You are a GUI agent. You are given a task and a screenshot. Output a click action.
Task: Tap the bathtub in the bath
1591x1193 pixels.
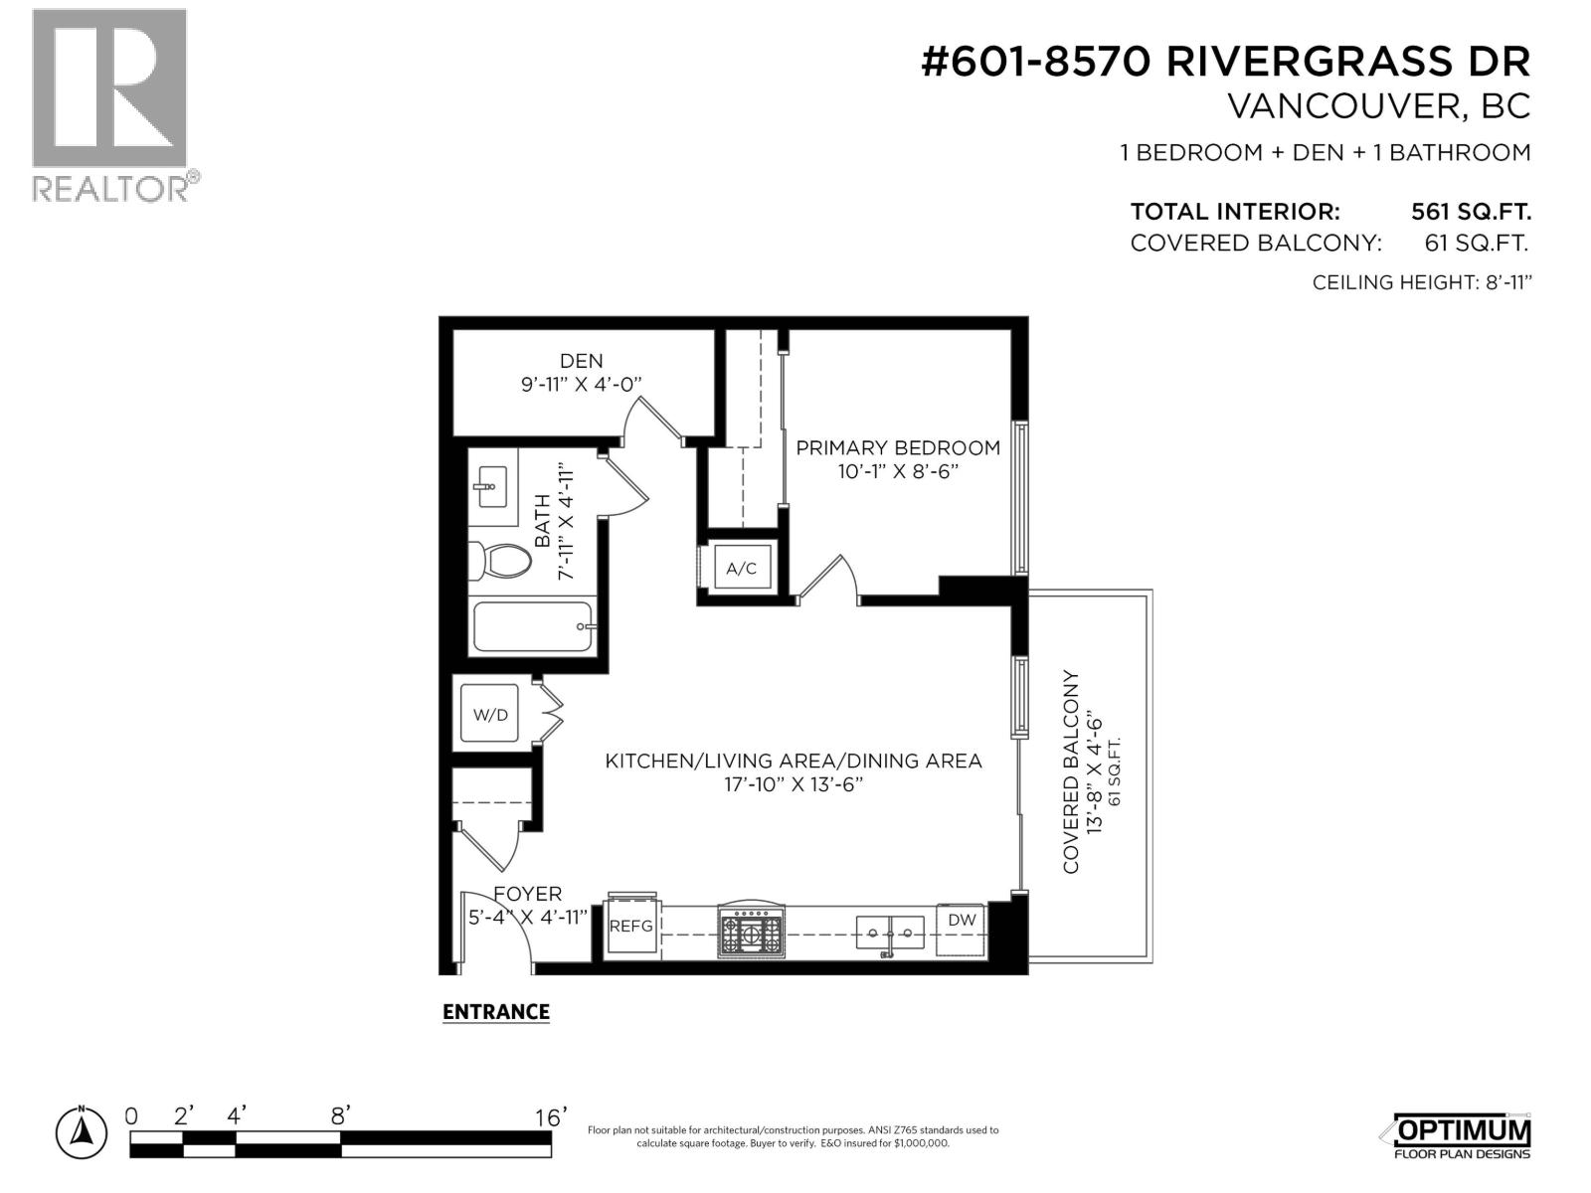coord(533,626)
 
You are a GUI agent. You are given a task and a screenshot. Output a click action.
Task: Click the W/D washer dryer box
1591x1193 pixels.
coord(489,715)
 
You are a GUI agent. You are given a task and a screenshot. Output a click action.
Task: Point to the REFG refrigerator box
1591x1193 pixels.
coord(630,926)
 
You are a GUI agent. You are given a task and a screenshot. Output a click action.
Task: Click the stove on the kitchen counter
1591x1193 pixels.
coord(752,933)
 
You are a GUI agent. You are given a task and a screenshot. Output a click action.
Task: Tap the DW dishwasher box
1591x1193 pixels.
coord(961,921)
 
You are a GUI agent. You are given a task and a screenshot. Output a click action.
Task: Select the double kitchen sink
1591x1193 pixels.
coord(890,933)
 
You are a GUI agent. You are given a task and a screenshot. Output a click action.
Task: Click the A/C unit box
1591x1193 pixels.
coord(741,569)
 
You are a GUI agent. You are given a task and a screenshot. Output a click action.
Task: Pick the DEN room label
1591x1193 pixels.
coord(581,361)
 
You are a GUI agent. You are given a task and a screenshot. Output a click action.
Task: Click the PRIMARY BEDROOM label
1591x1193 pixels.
coord(897,447)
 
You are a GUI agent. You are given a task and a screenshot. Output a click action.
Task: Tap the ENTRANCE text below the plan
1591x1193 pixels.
coord(495,1012)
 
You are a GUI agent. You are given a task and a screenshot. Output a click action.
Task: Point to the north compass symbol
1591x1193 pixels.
coord(82,1130)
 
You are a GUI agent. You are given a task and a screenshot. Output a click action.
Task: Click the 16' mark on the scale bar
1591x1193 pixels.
coord(549,1116)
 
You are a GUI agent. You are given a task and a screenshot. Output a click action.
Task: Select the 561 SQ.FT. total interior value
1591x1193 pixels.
coord(1470,212)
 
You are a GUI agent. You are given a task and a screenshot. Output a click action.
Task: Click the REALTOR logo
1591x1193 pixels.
coord(109,103)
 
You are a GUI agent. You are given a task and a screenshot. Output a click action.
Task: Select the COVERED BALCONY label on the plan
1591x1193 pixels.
coord(1071,772)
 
